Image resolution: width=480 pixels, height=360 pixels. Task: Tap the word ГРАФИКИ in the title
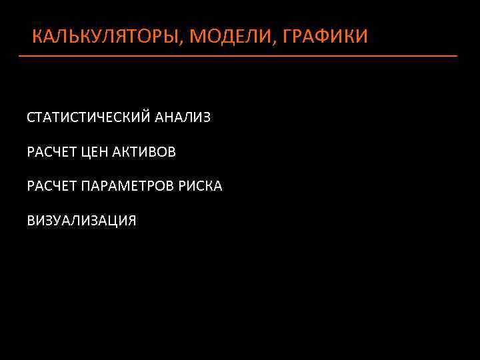[x=325, y=36]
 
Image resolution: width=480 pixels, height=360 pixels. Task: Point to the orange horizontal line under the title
[x=238, y=56]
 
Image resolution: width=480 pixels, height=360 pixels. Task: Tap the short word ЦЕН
[x=94, y=152]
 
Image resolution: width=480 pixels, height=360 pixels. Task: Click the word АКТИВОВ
[x=144, y=152]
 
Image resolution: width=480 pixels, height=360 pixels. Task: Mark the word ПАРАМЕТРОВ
[x=128, y=186]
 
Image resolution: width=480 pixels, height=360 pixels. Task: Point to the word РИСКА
[x=200, y=186]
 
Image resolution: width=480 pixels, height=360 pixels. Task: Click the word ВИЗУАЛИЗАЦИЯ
[x=81, y=221]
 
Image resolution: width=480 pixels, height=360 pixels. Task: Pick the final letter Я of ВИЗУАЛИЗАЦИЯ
[x=131, y=221]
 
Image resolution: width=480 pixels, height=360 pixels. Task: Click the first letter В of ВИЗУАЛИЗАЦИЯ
[x=31, y=221]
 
